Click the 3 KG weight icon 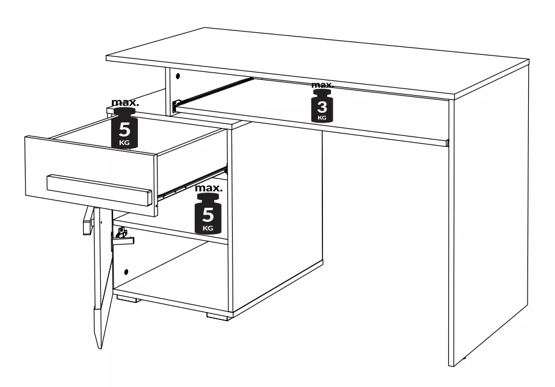click(322, 106)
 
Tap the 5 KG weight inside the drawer click(124, 129)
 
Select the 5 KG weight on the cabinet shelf click(208, 213)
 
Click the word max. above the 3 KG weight click(322, 85)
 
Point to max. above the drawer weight click(125, 102)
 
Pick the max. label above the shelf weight click(209, 188)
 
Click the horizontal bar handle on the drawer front click(100, 189)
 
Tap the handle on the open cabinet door click(87, 221)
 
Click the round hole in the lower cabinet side click(126, 272)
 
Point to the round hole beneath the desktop click(178, 76)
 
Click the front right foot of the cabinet click(217, 316)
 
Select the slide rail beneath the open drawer click(192, 183)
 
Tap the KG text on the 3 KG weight click(322, 118)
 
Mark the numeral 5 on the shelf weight click(208, 214)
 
